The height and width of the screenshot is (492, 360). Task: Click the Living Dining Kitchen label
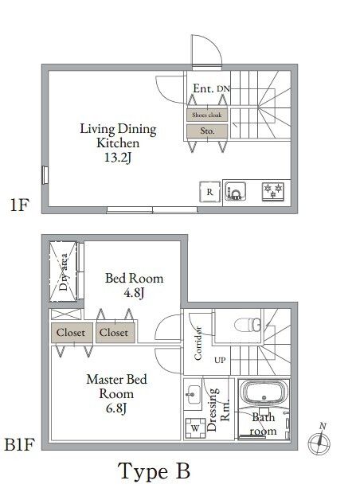[118, 136]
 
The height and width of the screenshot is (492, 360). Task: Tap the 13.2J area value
[118, 158]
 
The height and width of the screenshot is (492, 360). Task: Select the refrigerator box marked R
[209, 192]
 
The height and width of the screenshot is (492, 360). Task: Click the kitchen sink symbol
[235, 192]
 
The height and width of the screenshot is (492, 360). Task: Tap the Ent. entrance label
[202, 89]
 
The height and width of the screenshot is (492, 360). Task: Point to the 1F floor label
[19, 205]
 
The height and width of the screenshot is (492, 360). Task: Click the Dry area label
[64, 272]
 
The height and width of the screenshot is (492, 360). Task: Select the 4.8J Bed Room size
[135, 293]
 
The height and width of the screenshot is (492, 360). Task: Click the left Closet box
[72, 333]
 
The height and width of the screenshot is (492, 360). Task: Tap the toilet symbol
[249, 324]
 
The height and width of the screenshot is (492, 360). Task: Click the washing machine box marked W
[194, 427]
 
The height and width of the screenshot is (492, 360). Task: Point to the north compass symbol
[322, 439]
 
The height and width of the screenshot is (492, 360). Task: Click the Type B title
[154, 471]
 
